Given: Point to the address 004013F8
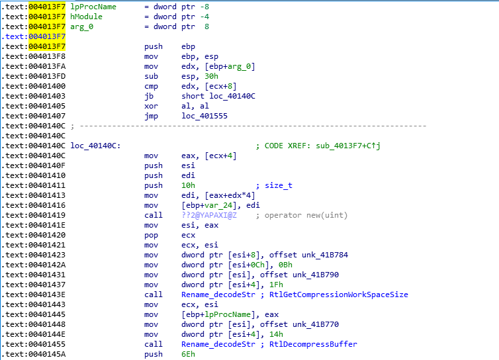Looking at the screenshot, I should [x=47, y=56].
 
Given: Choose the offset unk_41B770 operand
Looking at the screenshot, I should [x=283, y=324].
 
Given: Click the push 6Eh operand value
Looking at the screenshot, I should [x=189, y=354].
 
